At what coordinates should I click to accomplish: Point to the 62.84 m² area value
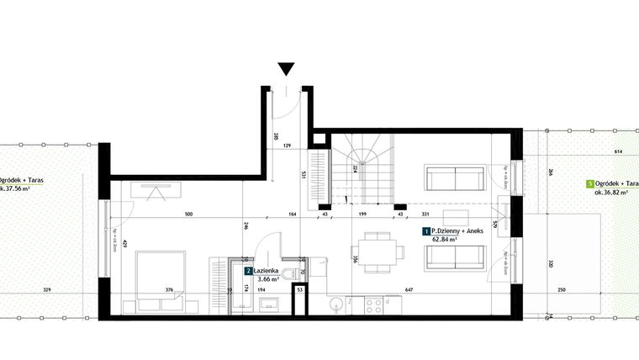[x=445, y=239]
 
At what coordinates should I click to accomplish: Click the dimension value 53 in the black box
[x=300, y=290]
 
